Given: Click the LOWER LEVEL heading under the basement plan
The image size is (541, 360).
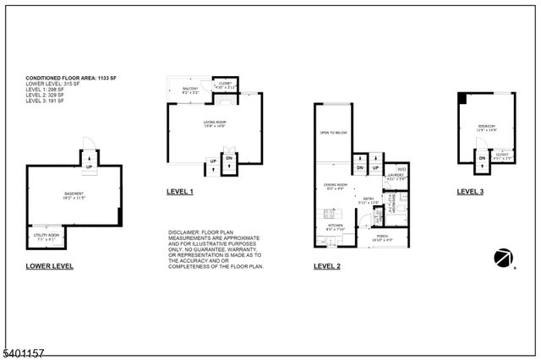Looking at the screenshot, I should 50,266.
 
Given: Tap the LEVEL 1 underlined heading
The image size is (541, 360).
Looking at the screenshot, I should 180,193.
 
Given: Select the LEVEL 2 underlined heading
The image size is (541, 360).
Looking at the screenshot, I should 327,266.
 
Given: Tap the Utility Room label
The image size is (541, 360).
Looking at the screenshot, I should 47,236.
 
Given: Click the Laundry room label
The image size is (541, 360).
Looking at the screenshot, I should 396,176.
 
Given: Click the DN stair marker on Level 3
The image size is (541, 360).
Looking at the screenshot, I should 481,158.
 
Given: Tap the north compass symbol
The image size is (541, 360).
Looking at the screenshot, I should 505,257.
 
